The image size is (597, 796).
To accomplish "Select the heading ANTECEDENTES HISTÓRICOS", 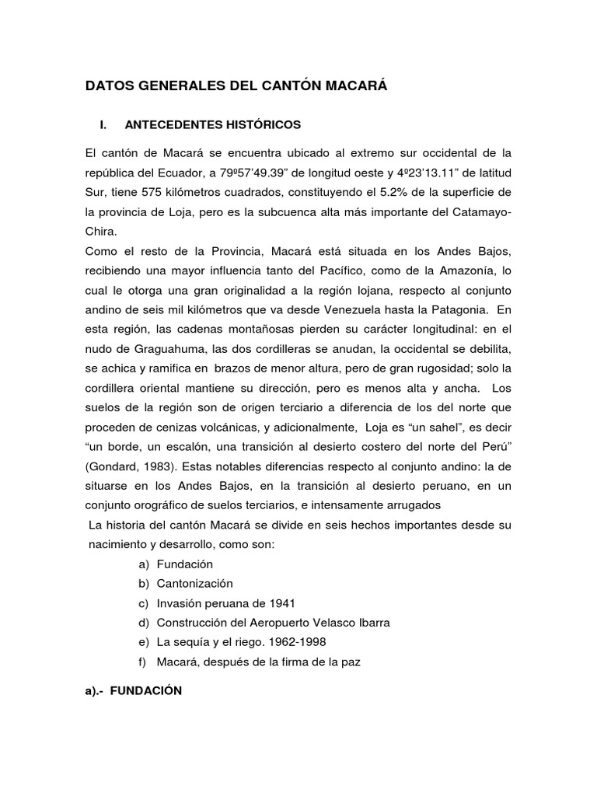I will (x=212, y=124).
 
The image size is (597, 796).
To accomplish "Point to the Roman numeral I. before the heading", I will (x=98, y=124).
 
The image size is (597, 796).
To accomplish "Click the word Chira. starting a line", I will (x=102, y=232).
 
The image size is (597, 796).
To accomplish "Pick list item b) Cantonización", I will (x=194, y=583).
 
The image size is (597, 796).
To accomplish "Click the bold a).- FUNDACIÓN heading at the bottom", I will (x=134, y=690).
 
